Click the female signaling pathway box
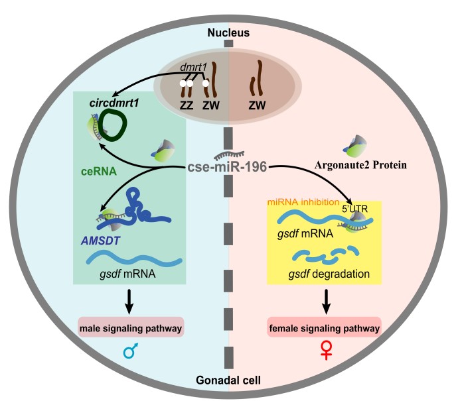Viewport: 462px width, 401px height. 324,328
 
